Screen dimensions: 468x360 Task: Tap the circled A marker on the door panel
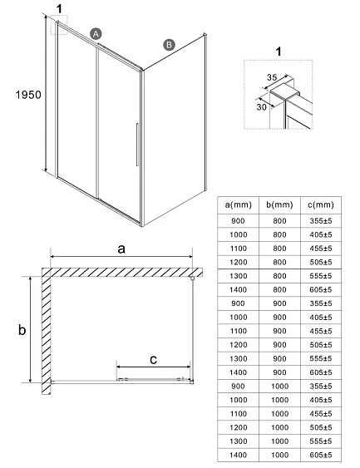tap(96, 33)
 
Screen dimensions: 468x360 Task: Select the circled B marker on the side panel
tap(169, 45)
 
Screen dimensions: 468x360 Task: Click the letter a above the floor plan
tap(121, 249)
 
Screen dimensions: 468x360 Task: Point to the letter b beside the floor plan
tap(23, 330)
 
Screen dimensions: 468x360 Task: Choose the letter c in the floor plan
tap(153, 359)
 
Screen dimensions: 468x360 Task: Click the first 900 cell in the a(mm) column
tap(238, 221)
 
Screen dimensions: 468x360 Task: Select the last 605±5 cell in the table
tap(319, 456)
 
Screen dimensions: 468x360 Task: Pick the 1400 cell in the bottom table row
tap(238, 456)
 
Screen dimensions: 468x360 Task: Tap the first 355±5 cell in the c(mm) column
tap(319, 221)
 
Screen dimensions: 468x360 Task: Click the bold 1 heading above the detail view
tap(278, 52)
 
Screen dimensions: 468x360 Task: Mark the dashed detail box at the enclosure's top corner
tap(61, 27)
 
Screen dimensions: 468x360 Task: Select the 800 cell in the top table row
tap(279, 221)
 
